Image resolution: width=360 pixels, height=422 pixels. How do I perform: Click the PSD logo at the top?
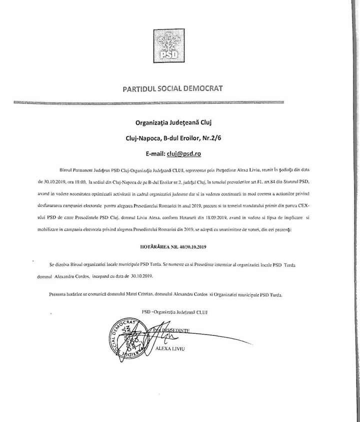click(172, 45)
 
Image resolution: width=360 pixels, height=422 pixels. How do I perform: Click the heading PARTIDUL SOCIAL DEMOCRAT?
click(172, 89)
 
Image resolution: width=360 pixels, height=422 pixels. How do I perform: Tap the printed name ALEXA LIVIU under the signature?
click(170, 348)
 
